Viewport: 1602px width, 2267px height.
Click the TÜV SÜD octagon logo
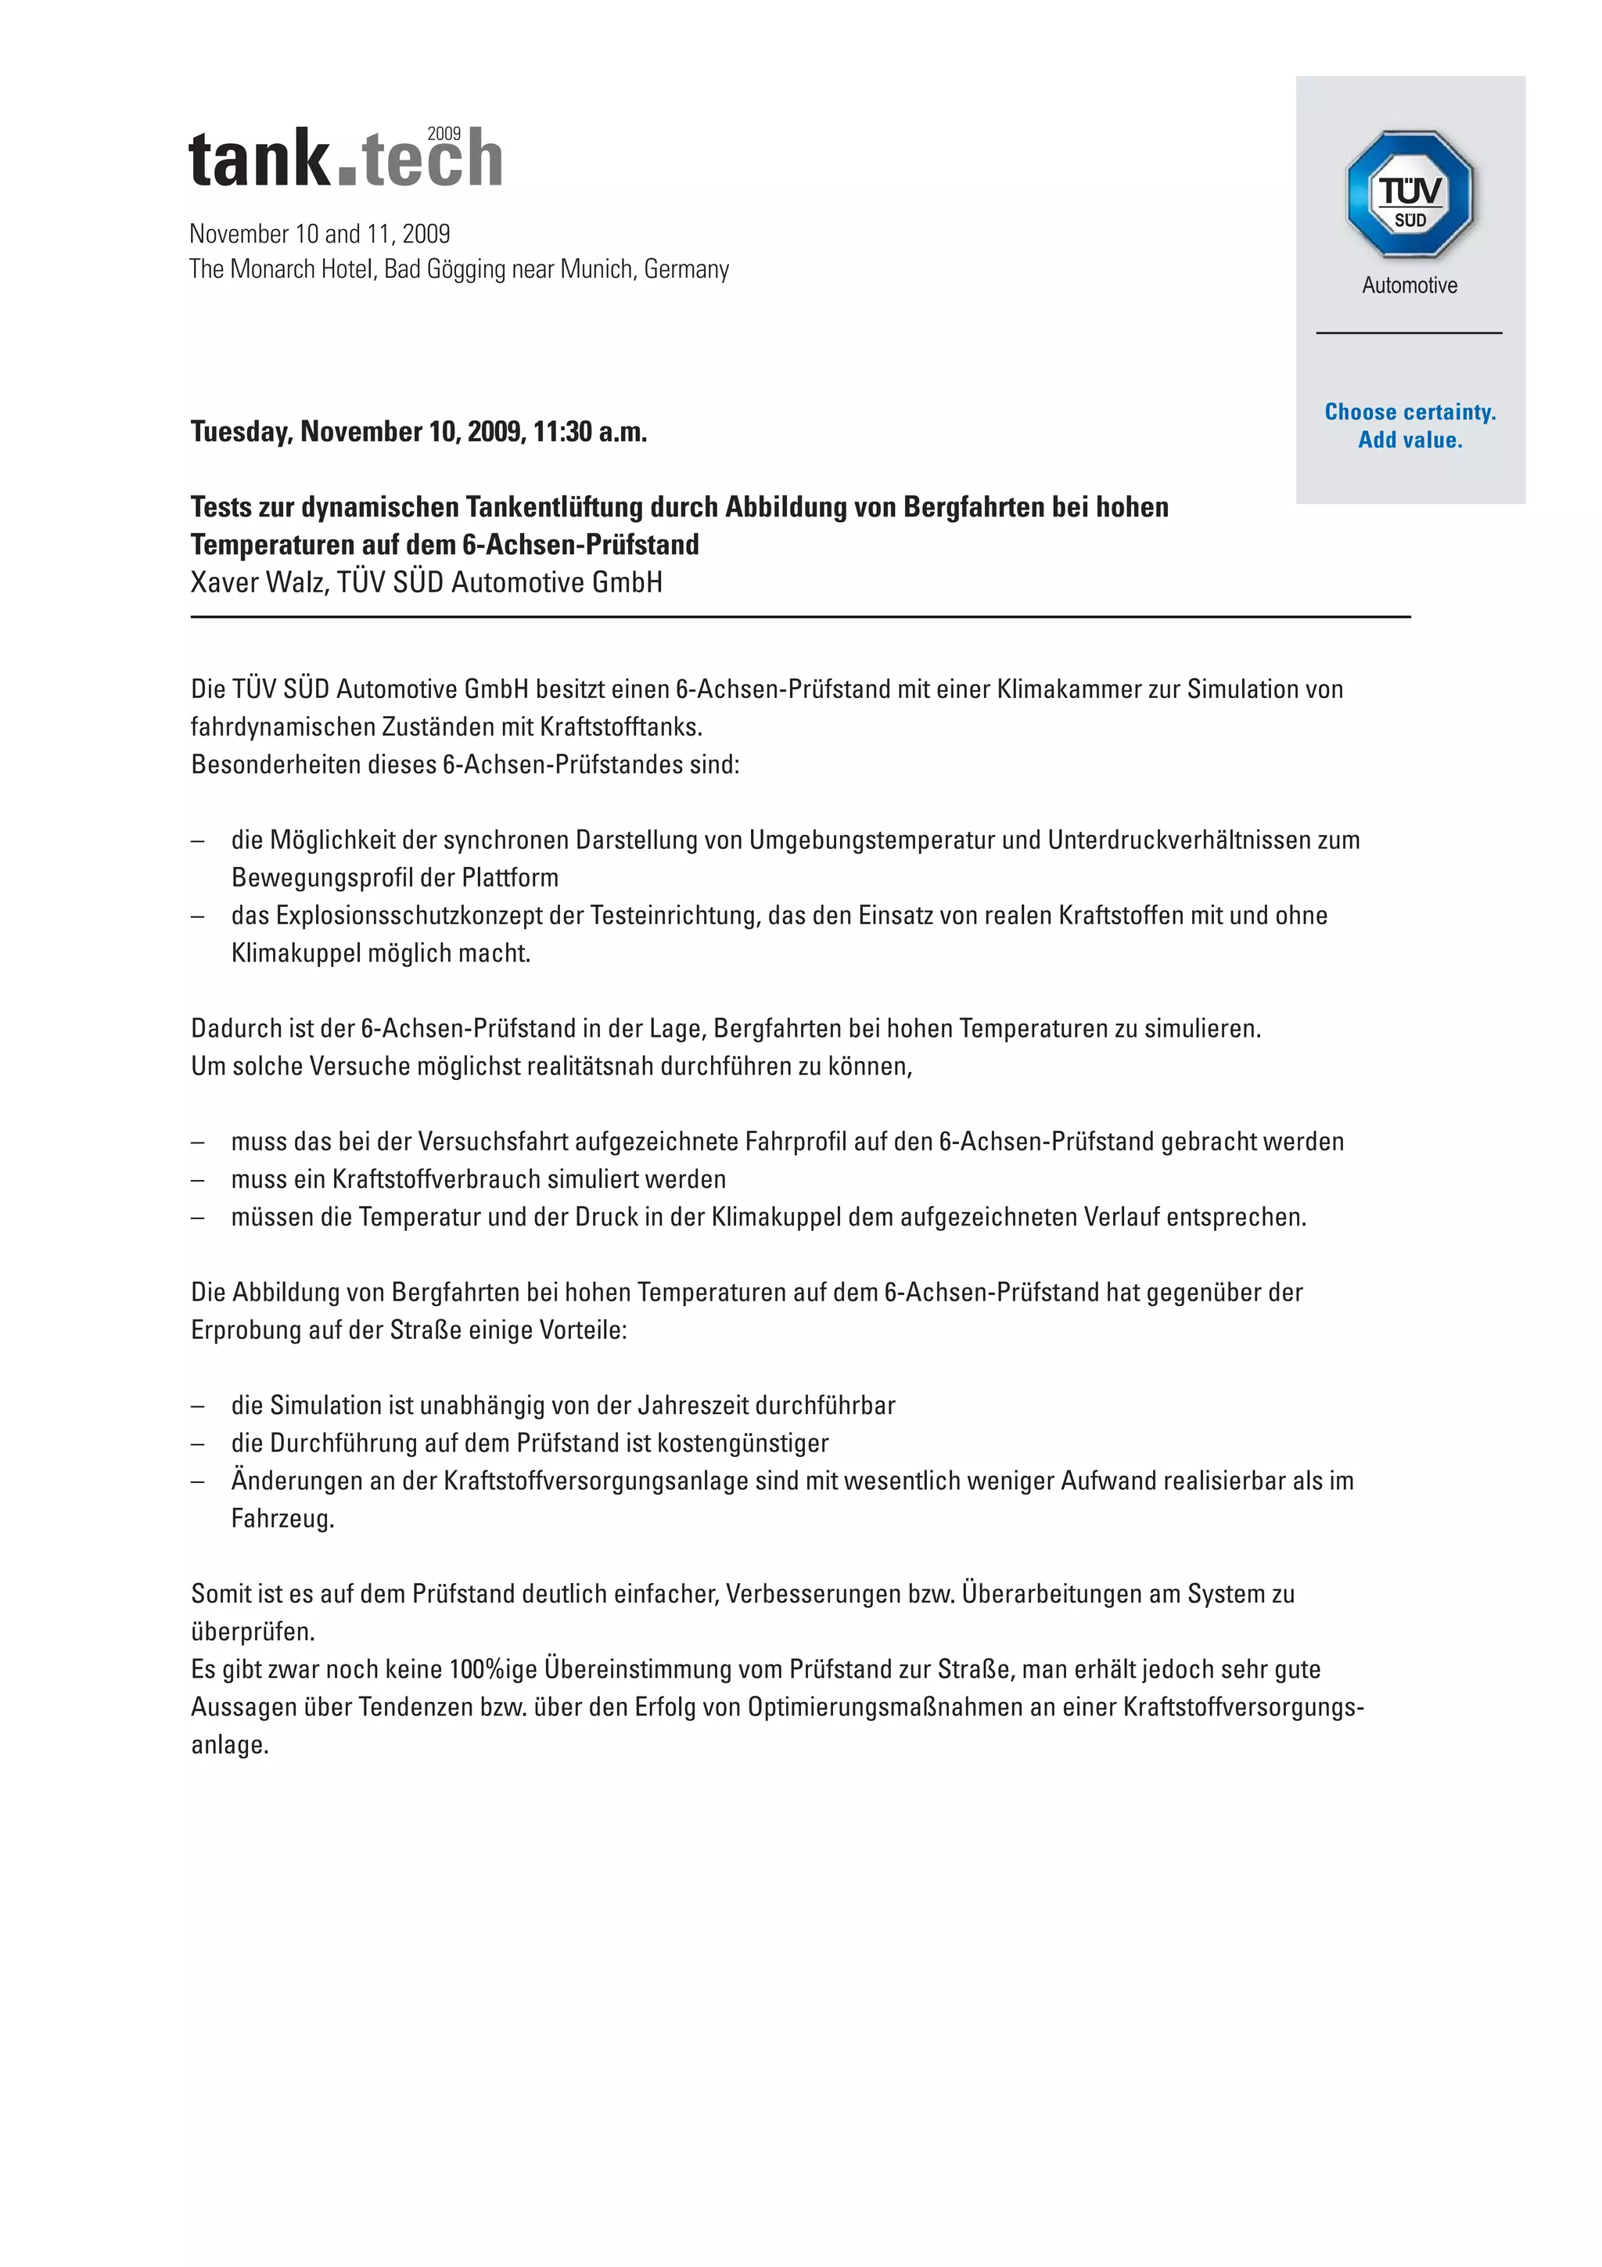[x=1410, y=195]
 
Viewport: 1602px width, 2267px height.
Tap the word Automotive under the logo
[x=1410, y=286]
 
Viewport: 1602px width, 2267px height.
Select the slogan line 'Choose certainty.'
[x=1410, y=412]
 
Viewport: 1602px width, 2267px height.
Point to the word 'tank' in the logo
[x=259, y=160]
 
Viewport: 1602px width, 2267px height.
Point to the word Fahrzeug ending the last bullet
[x=282, y=1519]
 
